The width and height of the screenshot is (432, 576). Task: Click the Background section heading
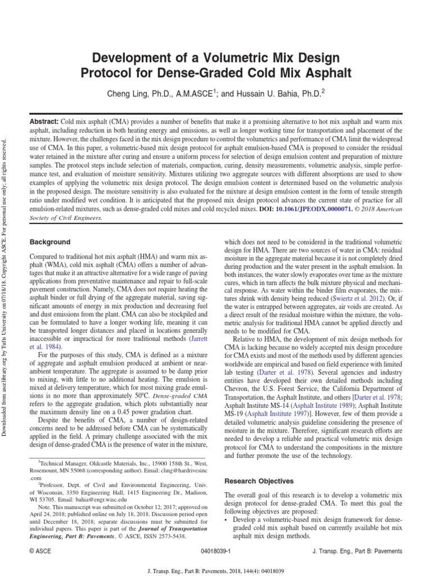[50, 242]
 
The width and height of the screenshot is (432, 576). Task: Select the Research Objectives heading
[259, 481]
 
